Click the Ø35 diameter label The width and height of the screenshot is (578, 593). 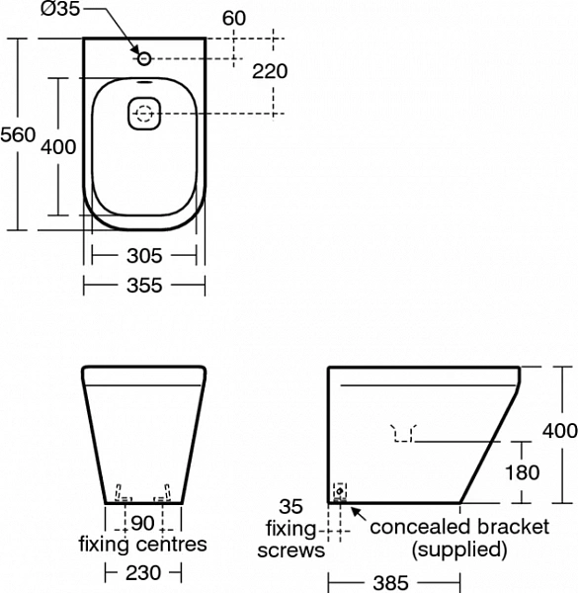tap(60, 9)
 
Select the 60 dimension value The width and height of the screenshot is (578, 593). tap(234, 18)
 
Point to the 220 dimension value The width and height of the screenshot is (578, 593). tap(270, 71)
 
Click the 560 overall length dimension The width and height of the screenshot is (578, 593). tap(18, 134)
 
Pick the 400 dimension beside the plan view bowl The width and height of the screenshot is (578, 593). tap(58, 146)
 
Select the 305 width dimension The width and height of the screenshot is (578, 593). tap(144, 256)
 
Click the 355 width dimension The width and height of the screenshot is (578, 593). tap(144, 286)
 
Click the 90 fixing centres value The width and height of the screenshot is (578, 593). tap(142, 523)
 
